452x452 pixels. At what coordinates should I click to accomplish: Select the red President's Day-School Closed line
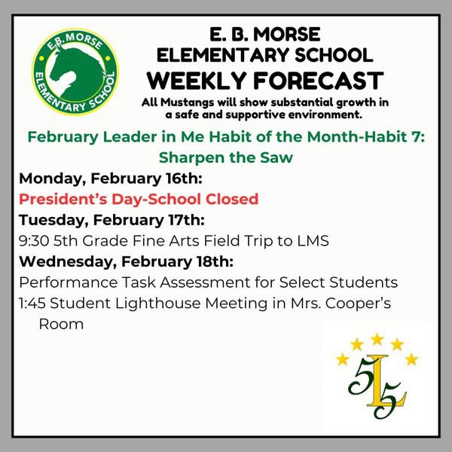pyautogui.click(x=139, y=199)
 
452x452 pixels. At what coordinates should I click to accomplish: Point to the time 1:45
pyautogui.click(x=35, y=303)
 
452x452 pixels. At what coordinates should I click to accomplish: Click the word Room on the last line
pyautogui.click(x=61, y=324)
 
